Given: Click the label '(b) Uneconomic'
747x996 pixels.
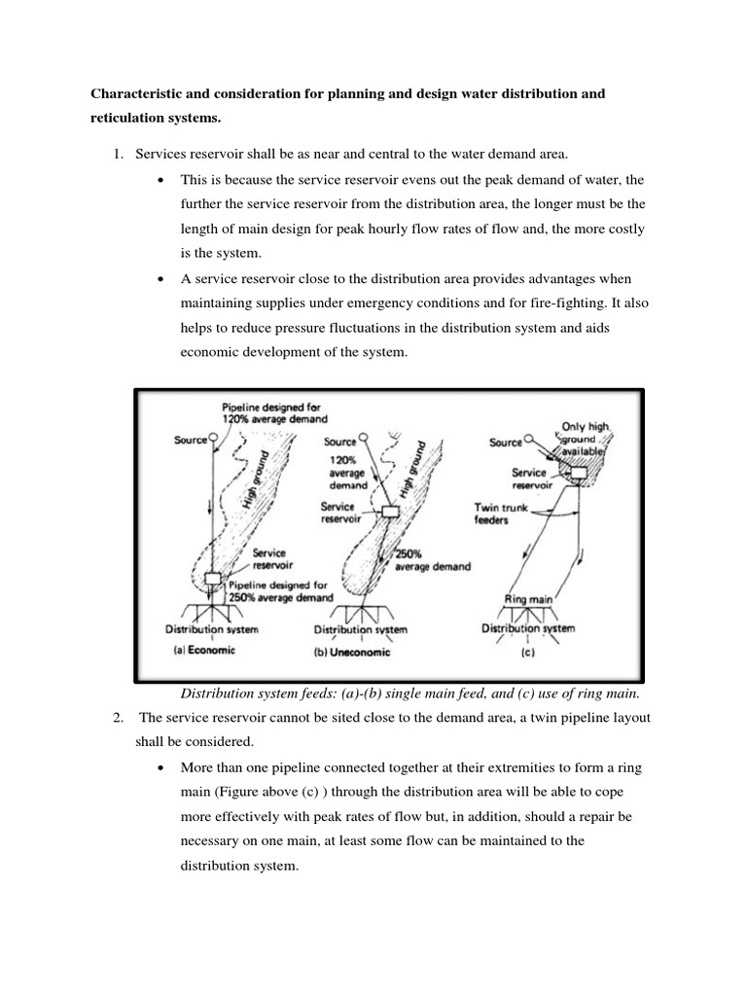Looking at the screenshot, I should [x=351, y=653].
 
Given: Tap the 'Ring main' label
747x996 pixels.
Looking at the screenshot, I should [x=528, y=600].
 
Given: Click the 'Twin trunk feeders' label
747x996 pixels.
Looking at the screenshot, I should [x=500, y=514].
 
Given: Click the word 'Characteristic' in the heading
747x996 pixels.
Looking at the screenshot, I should [x=135, y=94].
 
